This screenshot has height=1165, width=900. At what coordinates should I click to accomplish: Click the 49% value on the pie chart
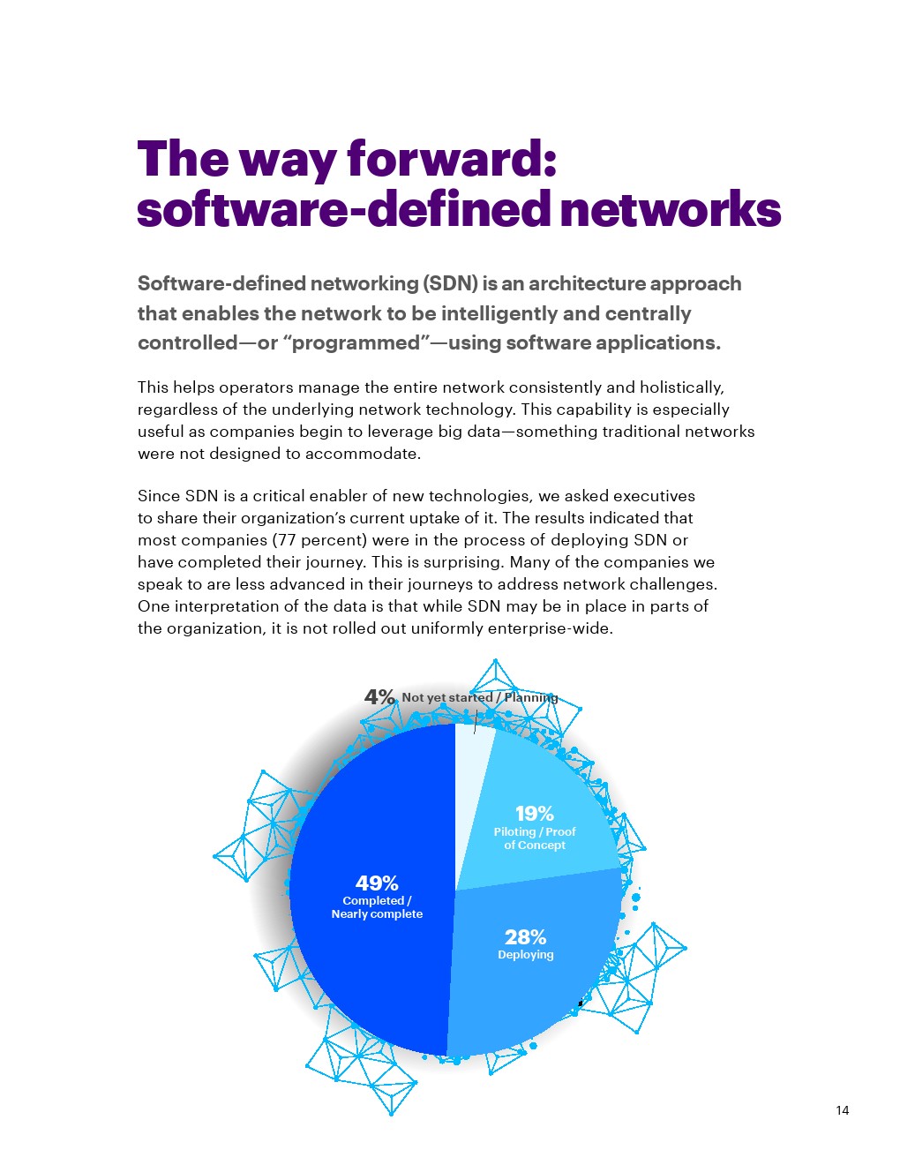377,883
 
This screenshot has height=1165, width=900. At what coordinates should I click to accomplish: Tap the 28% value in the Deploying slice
525,936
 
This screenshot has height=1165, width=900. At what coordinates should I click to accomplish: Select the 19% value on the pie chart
535,813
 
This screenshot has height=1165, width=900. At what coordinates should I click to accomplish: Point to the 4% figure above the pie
379,696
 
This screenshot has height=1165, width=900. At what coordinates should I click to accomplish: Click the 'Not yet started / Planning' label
480,697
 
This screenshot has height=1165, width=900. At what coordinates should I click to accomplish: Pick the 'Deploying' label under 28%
526,955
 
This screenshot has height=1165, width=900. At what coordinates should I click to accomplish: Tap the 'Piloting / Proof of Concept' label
535,838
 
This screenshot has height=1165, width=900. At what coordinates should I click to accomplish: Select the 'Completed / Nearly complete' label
377,907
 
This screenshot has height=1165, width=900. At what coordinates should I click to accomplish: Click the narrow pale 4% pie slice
469,768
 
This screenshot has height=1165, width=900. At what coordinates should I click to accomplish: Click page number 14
842,1110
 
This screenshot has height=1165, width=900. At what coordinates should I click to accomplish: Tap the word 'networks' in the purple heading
671,210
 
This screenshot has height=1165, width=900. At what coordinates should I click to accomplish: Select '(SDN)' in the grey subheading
450,283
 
